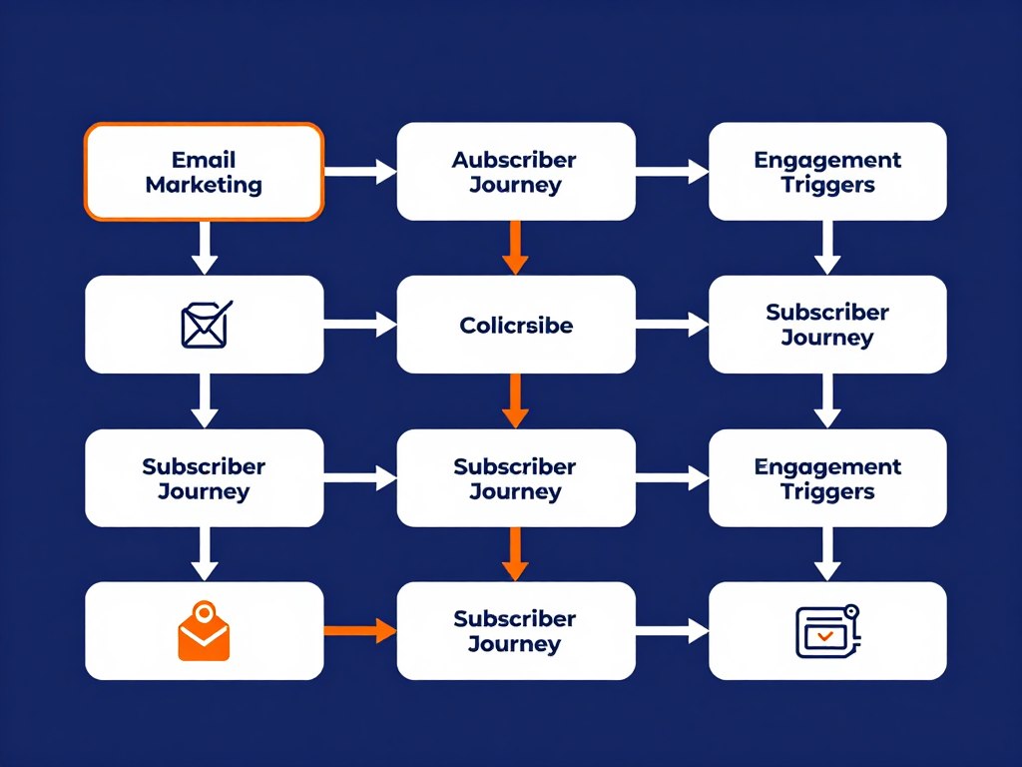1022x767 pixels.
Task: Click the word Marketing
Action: point(204,185)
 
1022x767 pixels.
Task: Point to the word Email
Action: point(204,160)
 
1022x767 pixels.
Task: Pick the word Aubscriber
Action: point(515,160)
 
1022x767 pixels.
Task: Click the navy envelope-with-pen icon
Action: point(205,326)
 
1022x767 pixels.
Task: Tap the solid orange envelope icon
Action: point(204,633)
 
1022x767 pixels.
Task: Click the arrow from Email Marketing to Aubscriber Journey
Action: point(359,172)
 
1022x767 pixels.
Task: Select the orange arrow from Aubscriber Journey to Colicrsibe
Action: point(515,247)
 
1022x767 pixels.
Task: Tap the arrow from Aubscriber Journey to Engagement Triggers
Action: point(671,172)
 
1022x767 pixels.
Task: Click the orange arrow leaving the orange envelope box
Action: point(359,631)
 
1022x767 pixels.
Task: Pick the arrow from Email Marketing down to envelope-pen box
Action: point(204,247)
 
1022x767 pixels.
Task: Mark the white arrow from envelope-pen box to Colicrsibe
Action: point(359,325)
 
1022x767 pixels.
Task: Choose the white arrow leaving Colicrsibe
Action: point(671,325)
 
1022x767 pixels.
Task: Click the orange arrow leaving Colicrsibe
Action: point(515,399)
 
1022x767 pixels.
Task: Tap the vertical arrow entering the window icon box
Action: point(826,553)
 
